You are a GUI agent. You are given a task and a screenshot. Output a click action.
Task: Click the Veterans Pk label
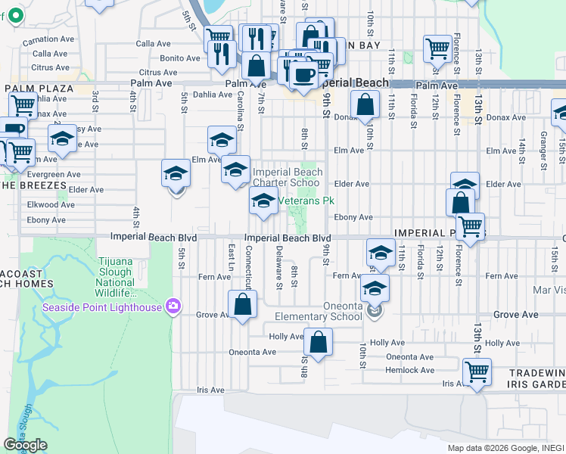coord(306,201)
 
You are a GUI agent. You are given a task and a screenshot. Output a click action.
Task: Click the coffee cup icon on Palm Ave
coord(303,76)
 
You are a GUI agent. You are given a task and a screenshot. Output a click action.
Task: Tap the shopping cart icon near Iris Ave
coord(477,372)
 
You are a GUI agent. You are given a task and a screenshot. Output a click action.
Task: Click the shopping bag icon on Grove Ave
coord(243,305)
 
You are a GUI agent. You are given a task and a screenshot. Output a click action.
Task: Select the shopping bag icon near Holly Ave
coord(319,342)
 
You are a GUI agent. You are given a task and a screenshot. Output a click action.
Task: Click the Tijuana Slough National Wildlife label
coord(115,277)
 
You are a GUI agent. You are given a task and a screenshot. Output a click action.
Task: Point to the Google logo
coord(25,445)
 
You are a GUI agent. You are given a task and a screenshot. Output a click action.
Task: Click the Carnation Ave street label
coord(48,40)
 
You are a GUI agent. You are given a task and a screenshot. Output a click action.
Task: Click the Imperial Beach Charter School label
coord(287,177)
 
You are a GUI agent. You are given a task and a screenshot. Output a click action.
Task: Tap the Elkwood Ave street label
coord(50,204)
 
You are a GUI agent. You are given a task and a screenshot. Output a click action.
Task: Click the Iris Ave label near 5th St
coord(210,390)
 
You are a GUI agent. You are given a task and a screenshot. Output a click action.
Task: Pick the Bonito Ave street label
coord(179,58)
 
